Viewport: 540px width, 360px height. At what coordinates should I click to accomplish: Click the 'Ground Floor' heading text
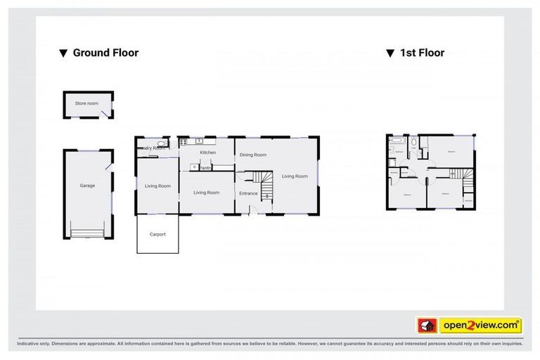click(x=106, y=53)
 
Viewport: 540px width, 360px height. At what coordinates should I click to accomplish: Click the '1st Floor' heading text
click(x=422, y=53)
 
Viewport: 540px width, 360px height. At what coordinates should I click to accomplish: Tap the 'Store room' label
click(x=87, y=103)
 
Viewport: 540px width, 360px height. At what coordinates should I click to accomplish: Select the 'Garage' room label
click(x=87, y=186)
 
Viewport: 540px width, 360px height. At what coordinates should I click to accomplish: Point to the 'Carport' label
click(x=157, y=234)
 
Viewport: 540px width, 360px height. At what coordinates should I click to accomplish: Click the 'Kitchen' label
click(x=207, y=153)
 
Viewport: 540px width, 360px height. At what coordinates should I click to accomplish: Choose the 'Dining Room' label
click(x=253, y=155)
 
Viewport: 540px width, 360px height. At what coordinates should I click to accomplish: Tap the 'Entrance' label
click(x=249, y=193)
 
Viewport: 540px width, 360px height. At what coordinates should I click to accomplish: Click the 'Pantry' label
click(x=205, y=168)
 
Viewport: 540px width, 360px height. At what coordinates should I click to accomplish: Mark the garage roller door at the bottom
click(x=87, y=232)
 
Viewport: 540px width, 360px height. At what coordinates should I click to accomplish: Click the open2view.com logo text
click(x=480, y=326)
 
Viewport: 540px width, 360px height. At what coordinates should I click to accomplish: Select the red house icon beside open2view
click(x=426, y=326)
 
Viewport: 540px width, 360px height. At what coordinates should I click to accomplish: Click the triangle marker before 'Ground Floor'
click(x=63, y=53)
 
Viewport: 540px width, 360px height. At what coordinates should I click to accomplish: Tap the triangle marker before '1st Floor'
click(x=389, y=53)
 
